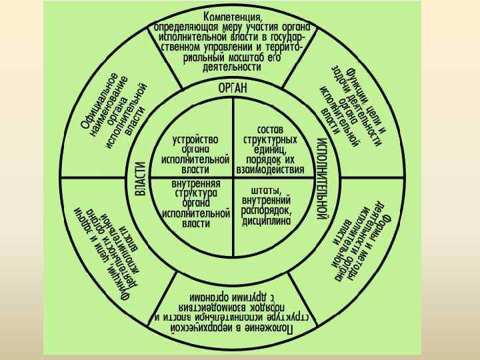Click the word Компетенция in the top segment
pos(233,15)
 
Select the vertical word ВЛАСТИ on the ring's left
pos(141,179)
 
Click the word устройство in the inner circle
pos(195,140)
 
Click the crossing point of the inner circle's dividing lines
pos(233,177)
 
